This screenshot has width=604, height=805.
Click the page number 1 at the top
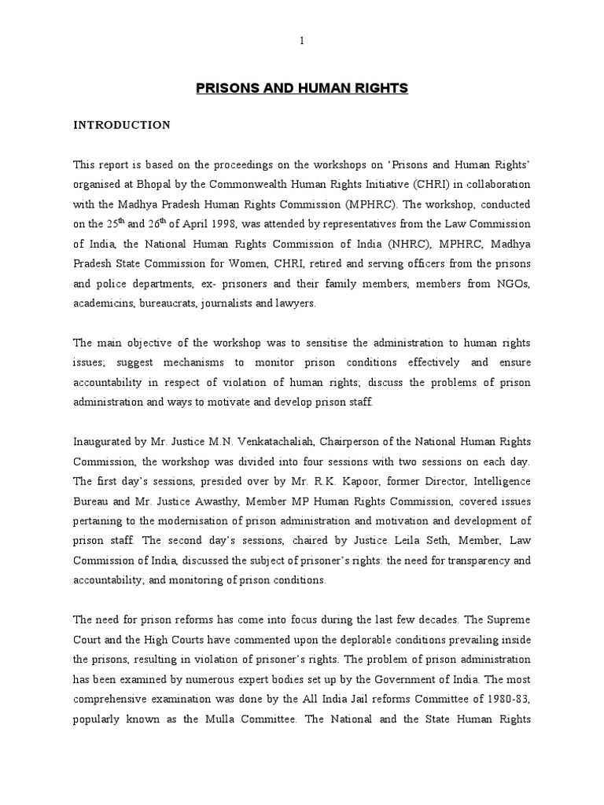pos(302,42)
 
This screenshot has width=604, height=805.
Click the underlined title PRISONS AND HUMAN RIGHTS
pos(302,89)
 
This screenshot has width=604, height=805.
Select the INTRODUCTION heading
pos(121,125)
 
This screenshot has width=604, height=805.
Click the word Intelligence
pos(499,480)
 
